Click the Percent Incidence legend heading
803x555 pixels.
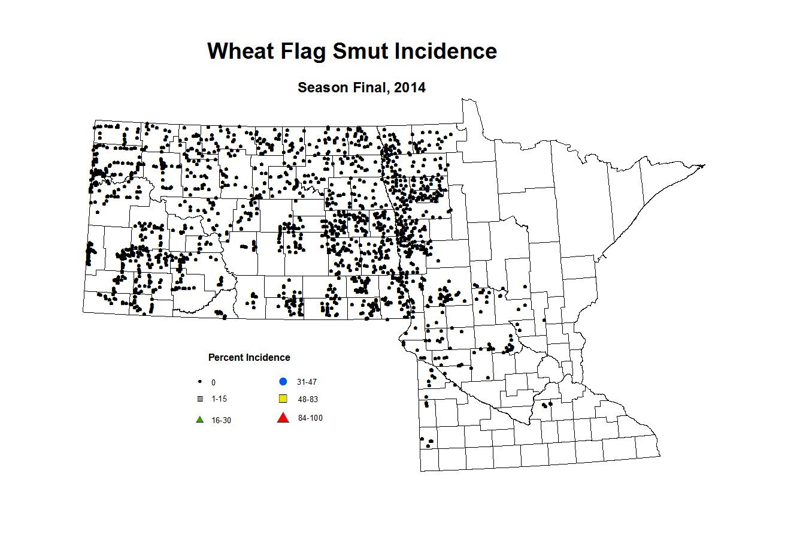tap(249, 358)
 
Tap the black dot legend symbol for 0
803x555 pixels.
tap(199, 382)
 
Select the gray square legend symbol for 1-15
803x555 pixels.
tap(200, 399)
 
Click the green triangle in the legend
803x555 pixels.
tap(200, 420)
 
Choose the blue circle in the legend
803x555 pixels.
tap(283, 382)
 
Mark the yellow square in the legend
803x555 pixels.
tap(283, 399)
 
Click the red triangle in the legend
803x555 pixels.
tap(283, 418)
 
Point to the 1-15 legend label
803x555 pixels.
tap(219, 399)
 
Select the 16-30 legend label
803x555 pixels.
tap(221, 421)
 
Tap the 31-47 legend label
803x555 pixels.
tap(307, 382)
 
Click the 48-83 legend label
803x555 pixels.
tap(308, 400)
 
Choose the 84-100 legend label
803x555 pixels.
tap(310, 418)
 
